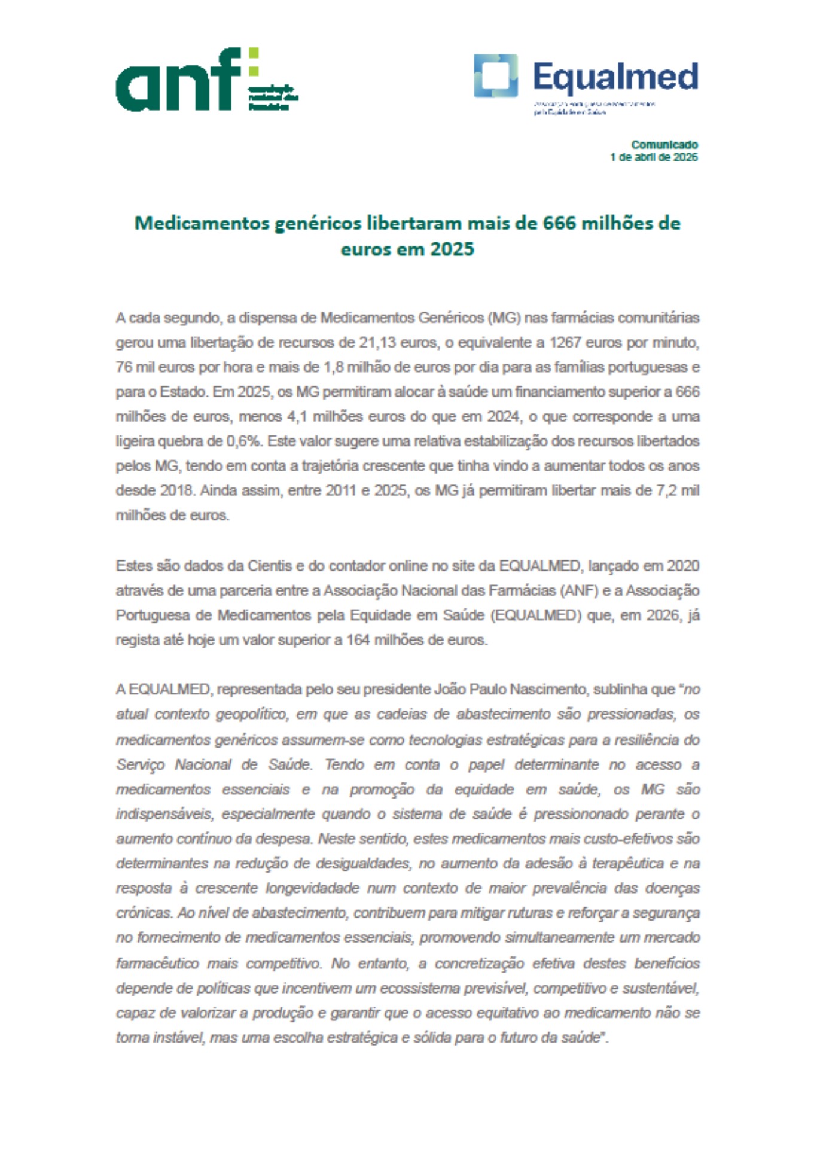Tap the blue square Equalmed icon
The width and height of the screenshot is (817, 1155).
point(496,76)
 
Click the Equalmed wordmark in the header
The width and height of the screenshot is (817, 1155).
point(615,77)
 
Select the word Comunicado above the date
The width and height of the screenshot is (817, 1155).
point(664,145)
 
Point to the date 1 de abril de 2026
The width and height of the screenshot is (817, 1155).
point(654,157)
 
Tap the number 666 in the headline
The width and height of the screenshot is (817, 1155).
point(559,223)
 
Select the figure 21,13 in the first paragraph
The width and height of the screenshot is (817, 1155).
point(376,343)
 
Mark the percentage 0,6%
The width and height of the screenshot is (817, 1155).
point(244,441)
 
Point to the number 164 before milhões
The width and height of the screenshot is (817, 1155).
point(358,640)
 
